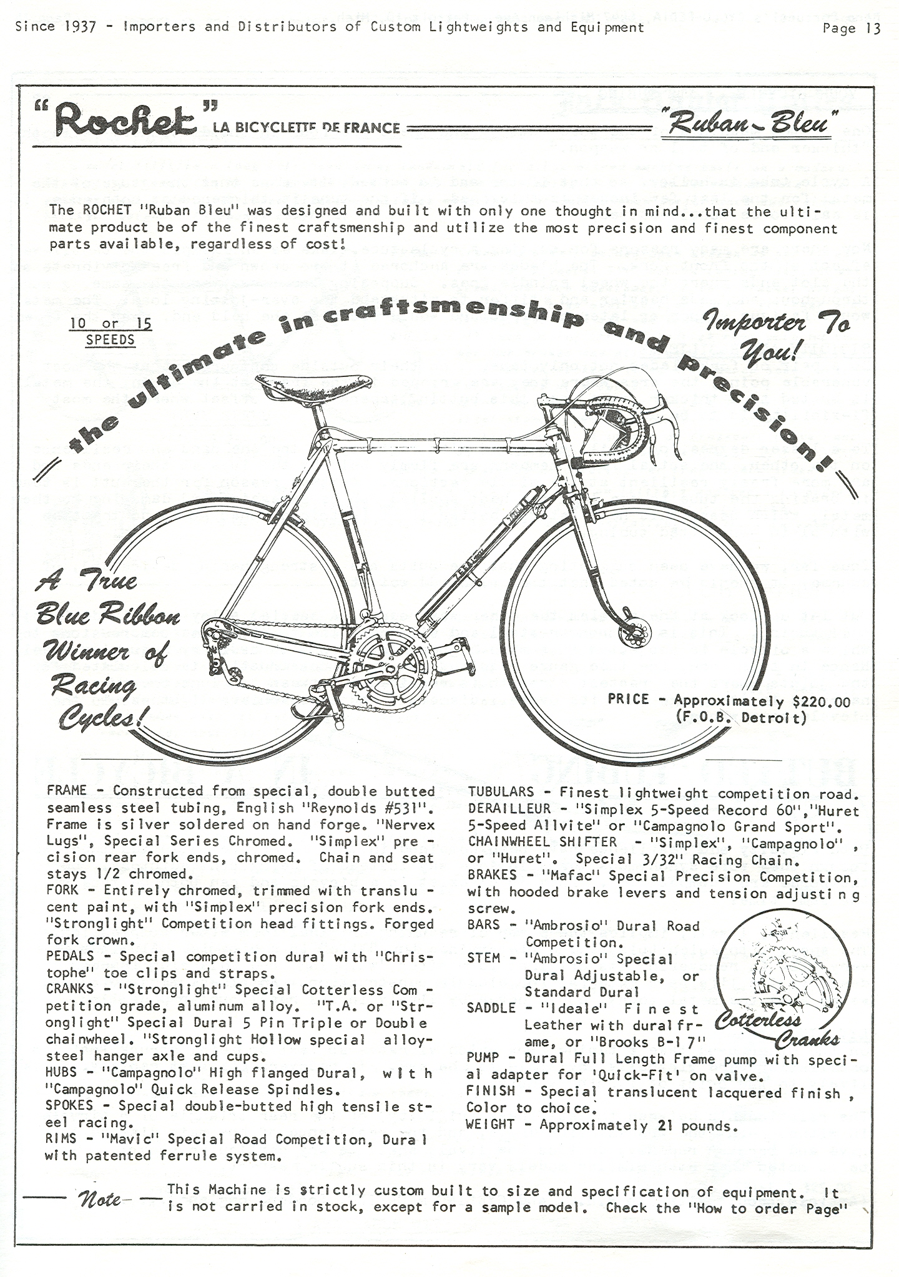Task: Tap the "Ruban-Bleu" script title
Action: click(749, 125)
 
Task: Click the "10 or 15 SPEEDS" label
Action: click(111, 332)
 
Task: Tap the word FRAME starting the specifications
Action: click(67, 791)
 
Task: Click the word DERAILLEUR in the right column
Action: click(509, 810)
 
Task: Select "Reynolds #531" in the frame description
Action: click(355, 808)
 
